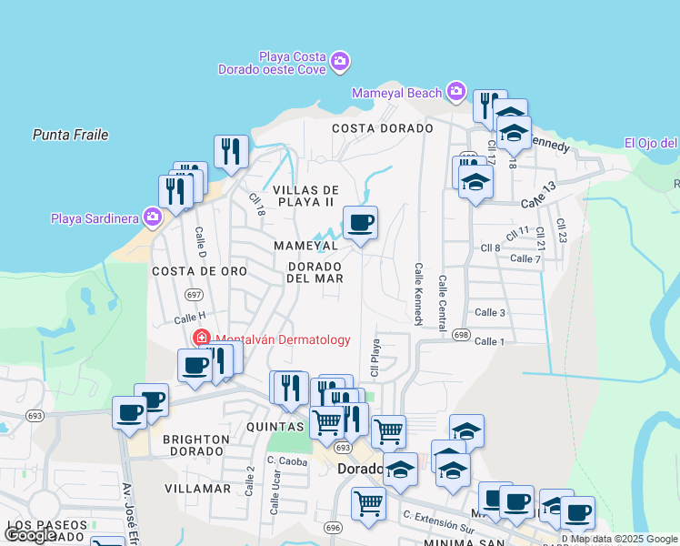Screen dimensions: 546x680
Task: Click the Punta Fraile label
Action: pos(70,135)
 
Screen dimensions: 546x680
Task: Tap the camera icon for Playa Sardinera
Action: pos(153,217)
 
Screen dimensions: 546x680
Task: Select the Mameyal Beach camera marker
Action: pos(456,91)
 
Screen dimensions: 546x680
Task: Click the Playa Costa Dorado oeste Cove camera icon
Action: pos(340,62)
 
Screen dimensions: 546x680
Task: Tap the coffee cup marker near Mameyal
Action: pos(360,222)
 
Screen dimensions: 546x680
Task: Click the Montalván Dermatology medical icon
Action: pos(201,339)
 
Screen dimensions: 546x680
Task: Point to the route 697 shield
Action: pos(193,294)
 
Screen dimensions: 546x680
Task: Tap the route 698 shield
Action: pos(460,335)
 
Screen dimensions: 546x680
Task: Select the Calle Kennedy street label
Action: pos(419,295)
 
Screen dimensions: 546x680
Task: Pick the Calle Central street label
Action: pos(443,303)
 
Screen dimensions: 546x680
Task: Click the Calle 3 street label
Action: pos(489,313)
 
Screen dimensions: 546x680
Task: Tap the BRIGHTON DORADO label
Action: pos(195,445)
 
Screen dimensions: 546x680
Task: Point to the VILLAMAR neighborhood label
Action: pos(198,489)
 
